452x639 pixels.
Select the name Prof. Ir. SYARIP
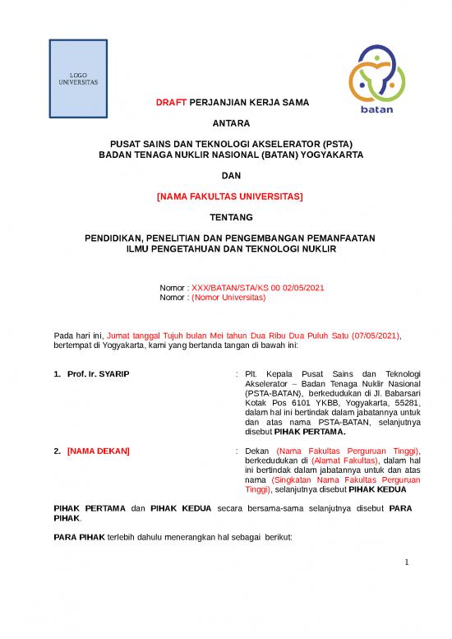pyautogui.click(x=99, y=375)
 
